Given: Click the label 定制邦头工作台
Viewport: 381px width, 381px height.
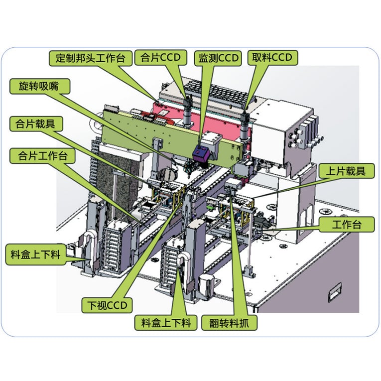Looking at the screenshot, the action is tap(90, 58).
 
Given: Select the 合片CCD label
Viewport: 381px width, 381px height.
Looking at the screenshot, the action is tap(160, 58).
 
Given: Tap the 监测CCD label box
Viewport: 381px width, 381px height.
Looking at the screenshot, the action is tap(218, 58).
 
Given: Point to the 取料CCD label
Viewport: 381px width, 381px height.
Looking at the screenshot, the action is tap(272, 58).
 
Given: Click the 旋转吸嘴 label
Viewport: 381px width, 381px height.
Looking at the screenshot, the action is tap(40, 86).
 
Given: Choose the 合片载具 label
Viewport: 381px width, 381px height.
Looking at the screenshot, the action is tap(36, 124).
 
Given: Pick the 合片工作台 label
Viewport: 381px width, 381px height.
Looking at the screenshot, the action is tap(42, 156).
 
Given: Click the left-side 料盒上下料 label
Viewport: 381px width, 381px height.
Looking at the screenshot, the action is tap(36, 254).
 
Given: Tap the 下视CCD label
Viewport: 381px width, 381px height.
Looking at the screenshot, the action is tap(107, 305).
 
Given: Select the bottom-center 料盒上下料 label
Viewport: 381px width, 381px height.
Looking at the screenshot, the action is tap(166, 323).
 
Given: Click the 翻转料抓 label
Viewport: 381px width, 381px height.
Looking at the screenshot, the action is tap(229, 323).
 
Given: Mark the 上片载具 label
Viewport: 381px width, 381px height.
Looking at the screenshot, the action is tap(346, 171).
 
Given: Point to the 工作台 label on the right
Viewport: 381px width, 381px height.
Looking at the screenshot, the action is tap(347, 224).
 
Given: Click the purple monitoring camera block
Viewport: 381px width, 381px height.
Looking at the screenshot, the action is tap(201, 153).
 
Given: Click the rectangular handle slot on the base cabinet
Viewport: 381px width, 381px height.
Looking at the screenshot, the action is tap(335, 291).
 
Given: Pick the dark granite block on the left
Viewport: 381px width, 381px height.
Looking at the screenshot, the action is tap(114, 185).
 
